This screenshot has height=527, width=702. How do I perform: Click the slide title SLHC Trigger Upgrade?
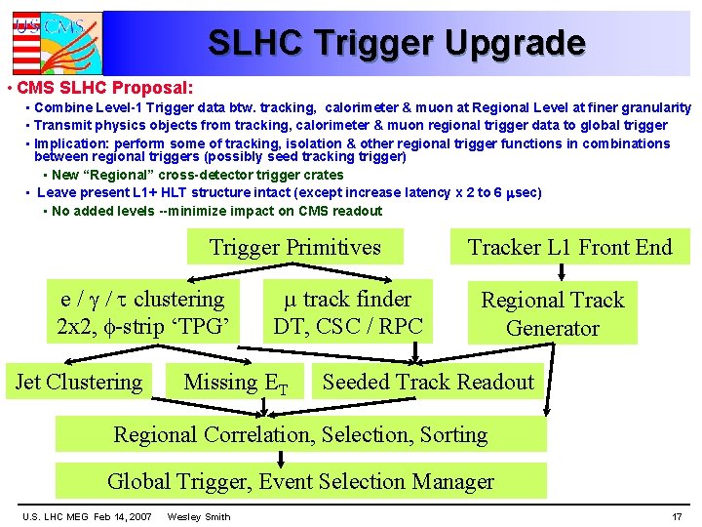(x=396, y=43)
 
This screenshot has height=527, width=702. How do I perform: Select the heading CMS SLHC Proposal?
(x=105, y=88)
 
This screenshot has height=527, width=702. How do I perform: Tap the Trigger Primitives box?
(x=295, y=247)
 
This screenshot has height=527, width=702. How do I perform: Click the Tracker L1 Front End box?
(x=569, y=247)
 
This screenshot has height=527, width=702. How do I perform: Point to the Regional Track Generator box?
(x=552, y=314)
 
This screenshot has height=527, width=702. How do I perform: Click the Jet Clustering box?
(x=79, y=383)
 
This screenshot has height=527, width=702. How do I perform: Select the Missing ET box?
(x=236, y=383)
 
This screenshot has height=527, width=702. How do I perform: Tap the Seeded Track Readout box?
(x=428, y=383)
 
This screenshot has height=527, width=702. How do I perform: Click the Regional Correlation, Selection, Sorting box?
(x=300, y=434)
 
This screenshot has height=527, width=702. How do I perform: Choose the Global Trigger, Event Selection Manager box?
(x=300, y=481)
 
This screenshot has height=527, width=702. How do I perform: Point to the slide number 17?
(x=677, y=516)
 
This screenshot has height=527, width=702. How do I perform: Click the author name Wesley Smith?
(x=199, y=516)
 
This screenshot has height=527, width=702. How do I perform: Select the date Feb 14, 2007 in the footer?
(x=123, y=516)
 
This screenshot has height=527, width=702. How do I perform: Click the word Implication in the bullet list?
(x=66, y=143)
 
